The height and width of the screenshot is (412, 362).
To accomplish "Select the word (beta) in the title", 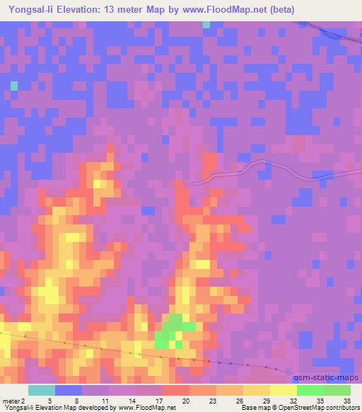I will click(277, 10).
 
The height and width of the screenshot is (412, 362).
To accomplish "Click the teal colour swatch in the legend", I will click(42, 390).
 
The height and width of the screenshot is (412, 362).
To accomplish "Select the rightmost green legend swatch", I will click(337, 390).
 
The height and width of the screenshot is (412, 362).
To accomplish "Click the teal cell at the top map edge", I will click(206, 25).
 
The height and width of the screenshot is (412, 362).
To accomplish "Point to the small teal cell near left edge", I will click(13, 86).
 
